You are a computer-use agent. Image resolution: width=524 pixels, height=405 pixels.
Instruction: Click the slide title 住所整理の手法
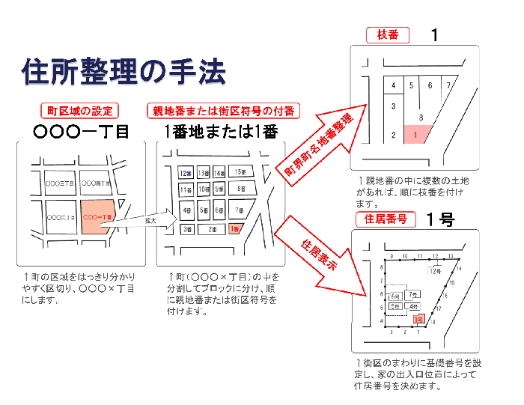point(123,72)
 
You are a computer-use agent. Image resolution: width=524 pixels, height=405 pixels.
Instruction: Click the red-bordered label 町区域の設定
point(79,111)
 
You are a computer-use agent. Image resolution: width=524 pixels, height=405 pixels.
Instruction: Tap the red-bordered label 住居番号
point(386,219)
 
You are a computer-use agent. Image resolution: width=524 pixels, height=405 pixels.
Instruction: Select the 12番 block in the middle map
point(186,174)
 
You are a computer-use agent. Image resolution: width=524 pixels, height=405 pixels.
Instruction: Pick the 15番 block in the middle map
point(240,172)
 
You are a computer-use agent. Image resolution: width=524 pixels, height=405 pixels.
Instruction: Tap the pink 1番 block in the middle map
point(236,228)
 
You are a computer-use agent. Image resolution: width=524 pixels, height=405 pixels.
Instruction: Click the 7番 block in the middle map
point(239,210)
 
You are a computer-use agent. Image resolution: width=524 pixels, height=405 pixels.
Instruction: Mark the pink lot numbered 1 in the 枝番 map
point(415,135)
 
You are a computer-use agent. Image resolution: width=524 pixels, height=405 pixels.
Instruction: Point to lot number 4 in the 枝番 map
point(393,85)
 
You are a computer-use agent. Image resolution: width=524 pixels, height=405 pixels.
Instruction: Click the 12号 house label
point(434,271)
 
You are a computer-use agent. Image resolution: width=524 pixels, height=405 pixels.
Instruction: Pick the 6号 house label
point(394,296)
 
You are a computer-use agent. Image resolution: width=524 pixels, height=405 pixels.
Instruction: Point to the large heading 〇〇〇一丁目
point(81,132)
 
